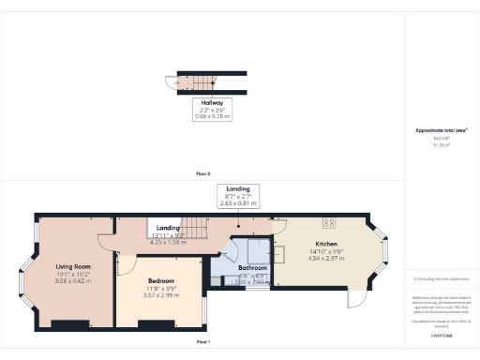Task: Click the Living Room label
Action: [x=71, y=266]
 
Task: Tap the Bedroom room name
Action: [x=157, y=279]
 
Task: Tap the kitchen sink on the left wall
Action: [x=280, y=254]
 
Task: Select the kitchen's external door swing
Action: [x=355, y=297]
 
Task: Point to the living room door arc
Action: [x=109, y=243]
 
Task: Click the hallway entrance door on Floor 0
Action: [x=170, y=83]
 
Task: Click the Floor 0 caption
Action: [x=202, y=174]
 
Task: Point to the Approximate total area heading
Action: [x=440, y=129]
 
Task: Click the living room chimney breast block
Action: [x=67, y=324]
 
